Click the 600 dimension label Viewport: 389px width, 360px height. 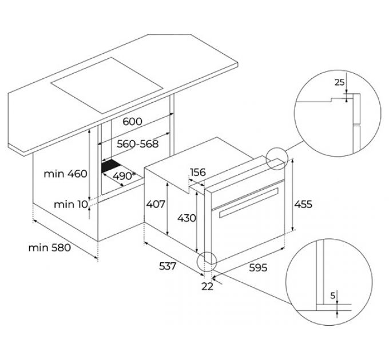click(133, 122)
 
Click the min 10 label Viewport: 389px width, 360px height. click(71, 204)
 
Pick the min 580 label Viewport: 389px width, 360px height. click(49, 247)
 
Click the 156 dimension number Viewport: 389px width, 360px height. click(198, 173)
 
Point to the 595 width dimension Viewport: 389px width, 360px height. click(256, 267)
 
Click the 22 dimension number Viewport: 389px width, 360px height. click(207, 286)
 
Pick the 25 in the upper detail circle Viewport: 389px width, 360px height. click(340, 82)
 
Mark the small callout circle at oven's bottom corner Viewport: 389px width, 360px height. click(206, 262)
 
